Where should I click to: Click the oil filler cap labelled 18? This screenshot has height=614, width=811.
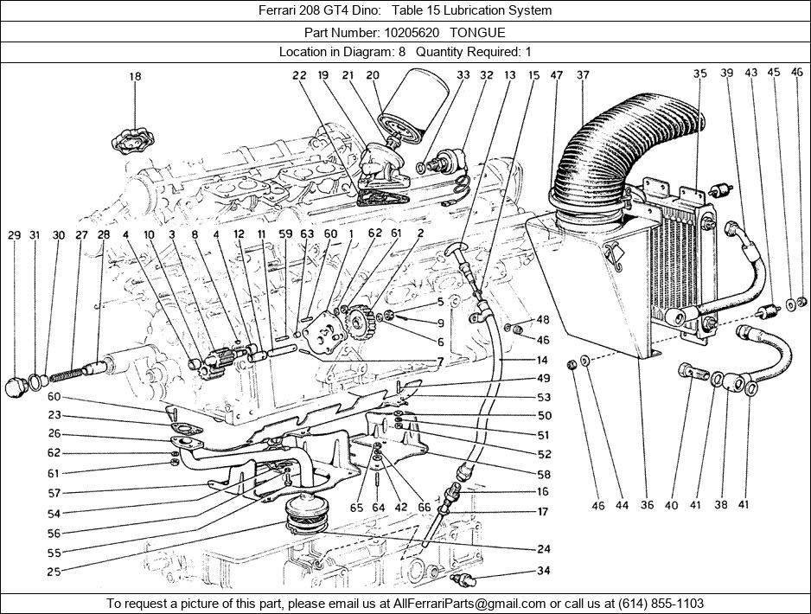pos(133,139)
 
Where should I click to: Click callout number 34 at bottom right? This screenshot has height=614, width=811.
pos(543,571)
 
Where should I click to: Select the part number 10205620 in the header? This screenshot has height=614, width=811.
pos(412,33)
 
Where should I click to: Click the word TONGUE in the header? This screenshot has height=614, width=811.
pos(477,33)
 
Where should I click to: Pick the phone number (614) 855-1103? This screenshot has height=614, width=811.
pos(660,603)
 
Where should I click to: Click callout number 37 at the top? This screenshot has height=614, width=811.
pos(583,75)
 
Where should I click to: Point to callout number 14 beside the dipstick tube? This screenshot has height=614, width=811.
pos(542,360)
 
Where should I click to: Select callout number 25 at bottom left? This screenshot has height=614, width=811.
pos(54,572)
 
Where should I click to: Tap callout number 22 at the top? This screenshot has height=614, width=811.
pos(299,75)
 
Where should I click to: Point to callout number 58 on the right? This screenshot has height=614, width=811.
pos(544,475)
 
